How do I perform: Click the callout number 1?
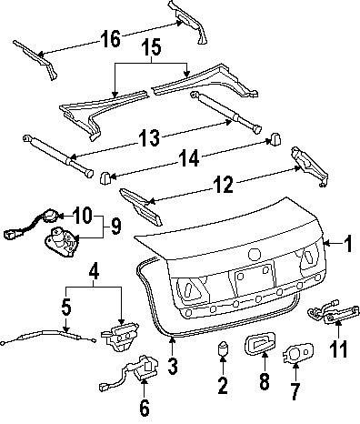click(x=348, y=244)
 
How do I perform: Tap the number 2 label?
click(x=223, y=384)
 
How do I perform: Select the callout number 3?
click(x=172, y=366)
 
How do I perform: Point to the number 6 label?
click(x=145, y=408)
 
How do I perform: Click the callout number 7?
click(x=295, y=390)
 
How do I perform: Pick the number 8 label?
click(x=265, y=380)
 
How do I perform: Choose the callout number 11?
click(x=338, y=348)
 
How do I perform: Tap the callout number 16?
click(x=111, y=38)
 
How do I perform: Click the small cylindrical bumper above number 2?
click(x=223, y=348)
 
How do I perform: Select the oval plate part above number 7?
click(x=298, y=353)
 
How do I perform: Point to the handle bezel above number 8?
click(x=260, y=343)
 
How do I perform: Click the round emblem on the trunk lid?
click(x=254, y=255)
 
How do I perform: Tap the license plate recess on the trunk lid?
click(x=255, y=279)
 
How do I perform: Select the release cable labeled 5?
click(x=48, y=336)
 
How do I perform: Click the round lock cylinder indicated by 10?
click(x=49, y=216)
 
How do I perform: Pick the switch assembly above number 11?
click(x=334, y=313)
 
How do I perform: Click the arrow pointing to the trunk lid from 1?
click(x=333, y=243)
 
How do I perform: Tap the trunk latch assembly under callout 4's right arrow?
click(x=121, y=336)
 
